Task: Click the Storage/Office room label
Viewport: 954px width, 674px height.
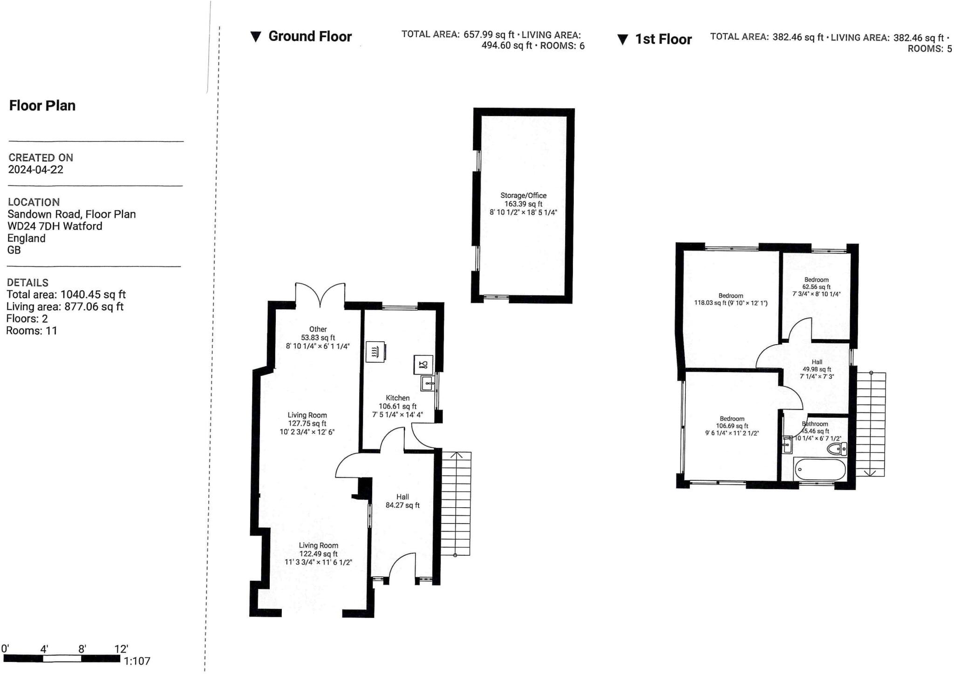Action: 523,204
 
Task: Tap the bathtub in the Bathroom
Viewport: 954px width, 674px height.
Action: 820,470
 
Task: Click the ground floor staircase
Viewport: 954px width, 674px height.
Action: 456,503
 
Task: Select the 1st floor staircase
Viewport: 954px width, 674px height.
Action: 871,424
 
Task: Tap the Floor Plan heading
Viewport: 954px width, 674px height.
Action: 42,106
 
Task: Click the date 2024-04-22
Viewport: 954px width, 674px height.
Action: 36,170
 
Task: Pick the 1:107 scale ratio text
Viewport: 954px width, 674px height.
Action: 137,661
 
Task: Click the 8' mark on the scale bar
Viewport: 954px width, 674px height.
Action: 82,649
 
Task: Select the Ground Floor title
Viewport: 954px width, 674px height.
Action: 310,36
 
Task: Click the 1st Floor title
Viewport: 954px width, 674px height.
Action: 663,39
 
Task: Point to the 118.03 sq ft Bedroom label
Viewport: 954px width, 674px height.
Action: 730,299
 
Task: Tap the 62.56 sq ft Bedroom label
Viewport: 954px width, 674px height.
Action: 816,287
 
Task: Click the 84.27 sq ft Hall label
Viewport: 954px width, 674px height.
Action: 402,501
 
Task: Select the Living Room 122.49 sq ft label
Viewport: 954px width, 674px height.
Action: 318,553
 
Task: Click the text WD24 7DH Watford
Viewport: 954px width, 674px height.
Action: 55,226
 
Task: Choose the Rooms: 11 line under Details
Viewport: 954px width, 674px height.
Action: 32,331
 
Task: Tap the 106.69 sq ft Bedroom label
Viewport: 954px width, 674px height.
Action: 732,426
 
